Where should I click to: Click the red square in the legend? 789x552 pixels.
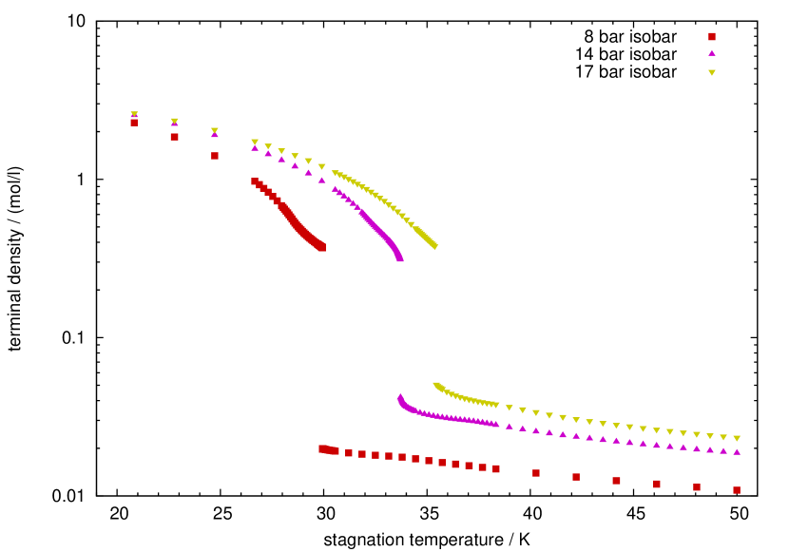(711, 37)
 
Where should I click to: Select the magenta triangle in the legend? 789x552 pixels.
(711, 53)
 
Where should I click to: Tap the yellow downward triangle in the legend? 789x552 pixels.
(711, 72)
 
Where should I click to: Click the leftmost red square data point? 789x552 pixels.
(134, 123)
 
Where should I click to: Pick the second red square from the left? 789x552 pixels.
(174, 137)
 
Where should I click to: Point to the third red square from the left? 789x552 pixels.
(215, 156)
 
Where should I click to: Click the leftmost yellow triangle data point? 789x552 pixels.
(134, 114)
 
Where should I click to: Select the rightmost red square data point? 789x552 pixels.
(737, 490)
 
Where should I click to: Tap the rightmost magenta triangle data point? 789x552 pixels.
(737, 451)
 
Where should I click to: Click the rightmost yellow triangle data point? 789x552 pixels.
(737, 438)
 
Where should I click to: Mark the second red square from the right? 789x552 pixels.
(697, 487)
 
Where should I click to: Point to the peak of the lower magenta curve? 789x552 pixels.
(400, 397)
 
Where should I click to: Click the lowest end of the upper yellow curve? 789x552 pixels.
(434, 247)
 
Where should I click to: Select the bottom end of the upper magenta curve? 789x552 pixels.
(400, 257)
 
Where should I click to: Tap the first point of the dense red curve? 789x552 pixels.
(255, 181)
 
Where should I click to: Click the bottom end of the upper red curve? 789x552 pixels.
(322, 247)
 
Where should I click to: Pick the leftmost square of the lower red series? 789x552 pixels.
(322, 448)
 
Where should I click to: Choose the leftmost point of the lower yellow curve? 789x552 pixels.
(436, 385)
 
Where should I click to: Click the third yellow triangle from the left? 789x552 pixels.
(215, 131)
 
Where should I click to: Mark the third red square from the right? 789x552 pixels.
(657, 485)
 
